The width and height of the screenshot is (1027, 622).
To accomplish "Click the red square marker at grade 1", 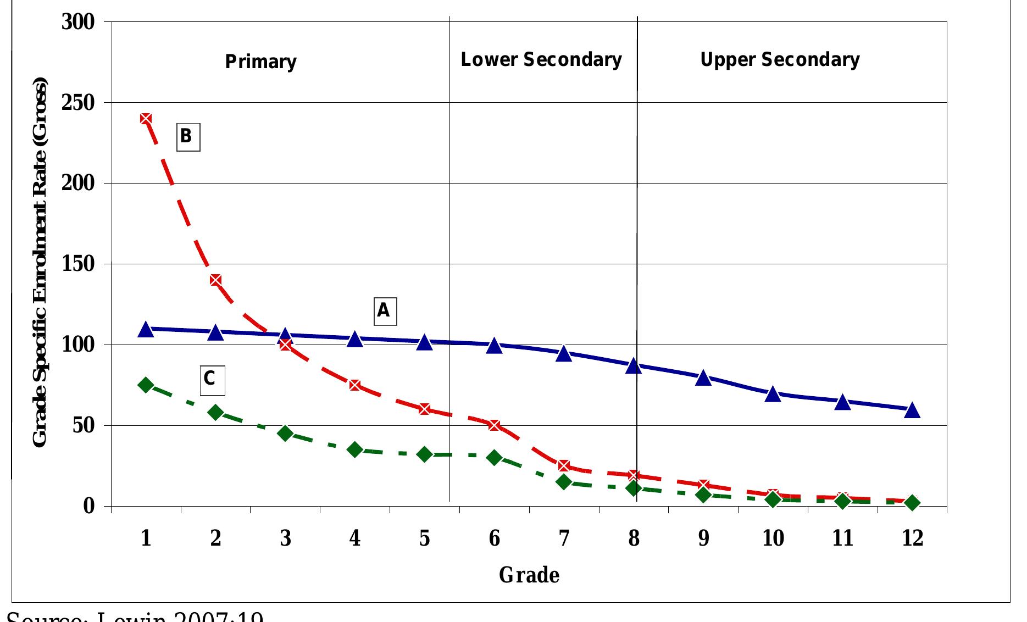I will (146, 119).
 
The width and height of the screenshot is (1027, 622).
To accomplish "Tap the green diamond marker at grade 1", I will (146, 385).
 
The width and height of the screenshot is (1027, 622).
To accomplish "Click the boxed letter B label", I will (187, 136).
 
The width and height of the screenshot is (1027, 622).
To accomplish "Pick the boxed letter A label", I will (384, 311).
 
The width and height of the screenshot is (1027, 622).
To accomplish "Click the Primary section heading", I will (260, 62).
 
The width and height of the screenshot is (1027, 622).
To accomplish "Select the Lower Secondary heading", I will (541, 59).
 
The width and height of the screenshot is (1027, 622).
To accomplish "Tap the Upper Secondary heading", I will (780, 59).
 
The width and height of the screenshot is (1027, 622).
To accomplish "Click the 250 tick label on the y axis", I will (78, 103).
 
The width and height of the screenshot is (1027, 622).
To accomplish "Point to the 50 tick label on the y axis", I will (84, 426).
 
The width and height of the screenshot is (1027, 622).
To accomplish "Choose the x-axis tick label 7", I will (564, 538).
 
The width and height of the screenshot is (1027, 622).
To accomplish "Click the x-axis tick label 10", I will (773, 538).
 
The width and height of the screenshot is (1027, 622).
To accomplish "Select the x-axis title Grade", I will (529, 575).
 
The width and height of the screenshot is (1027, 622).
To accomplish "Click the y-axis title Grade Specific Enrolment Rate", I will (40, 264).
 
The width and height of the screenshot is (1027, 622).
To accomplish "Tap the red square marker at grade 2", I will (215, 280).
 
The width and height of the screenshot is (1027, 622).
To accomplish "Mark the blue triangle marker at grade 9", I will (703, 378).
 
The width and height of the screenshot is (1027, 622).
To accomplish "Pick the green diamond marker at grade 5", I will (424, 454).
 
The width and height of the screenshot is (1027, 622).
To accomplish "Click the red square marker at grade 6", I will (494, 425).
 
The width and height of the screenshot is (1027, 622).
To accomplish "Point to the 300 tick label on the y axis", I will (78, 22).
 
